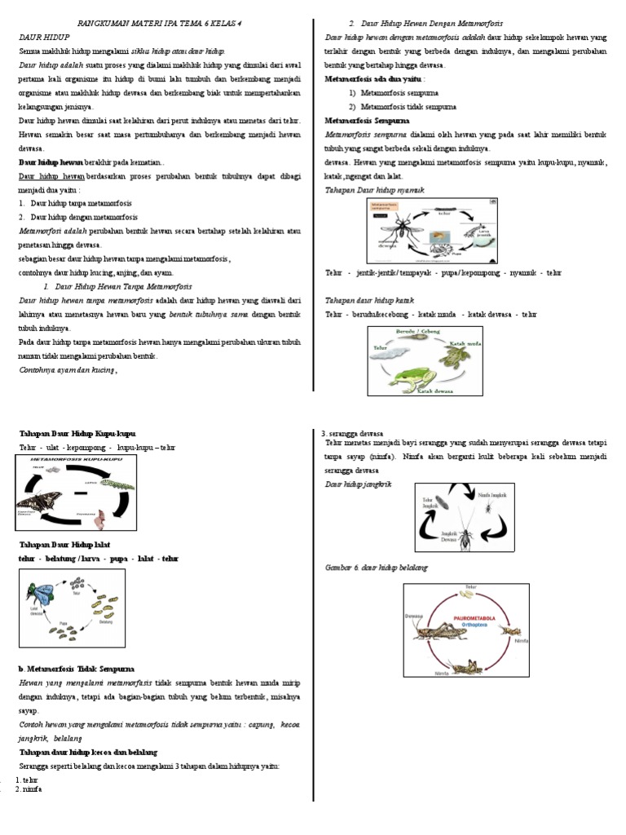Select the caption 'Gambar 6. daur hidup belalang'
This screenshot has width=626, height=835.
pyautogui.click(x=376, y=567)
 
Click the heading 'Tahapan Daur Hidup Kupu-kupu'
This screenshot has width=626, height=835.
pyautogui.click(x=77, y=433)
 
